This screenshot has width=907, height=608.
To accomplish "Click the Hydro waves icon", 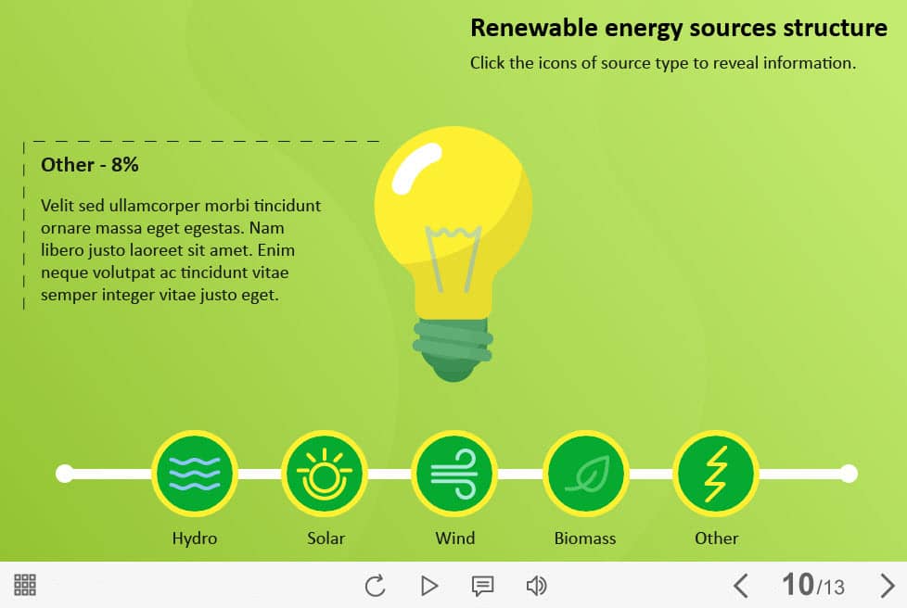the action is click(195, 474).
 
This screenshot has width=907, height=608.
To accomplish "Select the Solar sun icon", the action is click(325, 474).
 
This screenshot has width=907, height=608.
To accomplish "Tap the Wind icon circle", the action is click(454, 474).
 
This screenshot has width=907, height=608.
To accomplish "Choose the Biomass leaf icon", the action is click(585, 474).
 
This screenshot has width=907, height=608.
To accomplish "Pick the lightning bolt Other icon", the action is click(716, 474).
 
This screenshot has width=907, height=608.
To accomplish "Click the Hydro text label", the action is click(195, 538).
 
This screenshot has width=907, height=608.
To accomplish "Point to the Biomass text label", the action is click(585, 538).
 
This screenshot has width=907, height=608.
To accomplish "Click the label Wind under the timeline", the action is click(455, 538).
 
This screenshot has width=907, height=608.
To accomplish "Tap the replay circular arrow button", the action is click(375, 586).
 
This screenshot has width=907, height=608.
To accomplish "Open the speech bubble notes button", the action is click(482, 586).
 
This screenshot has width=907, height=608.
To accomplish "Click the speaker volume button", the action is click(536, 586).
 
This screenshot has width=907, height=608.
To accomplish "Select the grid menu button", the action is click(25, 585).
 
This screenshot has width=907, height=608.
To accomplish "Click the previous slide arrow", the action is click(741, 586).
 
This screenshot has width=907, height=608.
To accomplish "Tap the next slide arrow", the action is click(888, 586).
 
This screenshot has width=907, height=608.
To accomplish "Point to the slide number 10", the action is click(798, 584).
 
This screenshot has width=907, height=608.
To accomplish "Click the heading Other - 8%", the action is click(90, 165).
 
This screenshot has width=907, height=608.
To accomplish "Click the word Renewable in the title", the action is click(533, 28).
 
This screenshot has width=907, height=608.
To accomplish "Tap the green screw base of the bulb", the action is click(453, 349).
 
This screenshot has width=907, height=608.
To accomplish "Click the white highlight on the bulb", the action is click(416, 168).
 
